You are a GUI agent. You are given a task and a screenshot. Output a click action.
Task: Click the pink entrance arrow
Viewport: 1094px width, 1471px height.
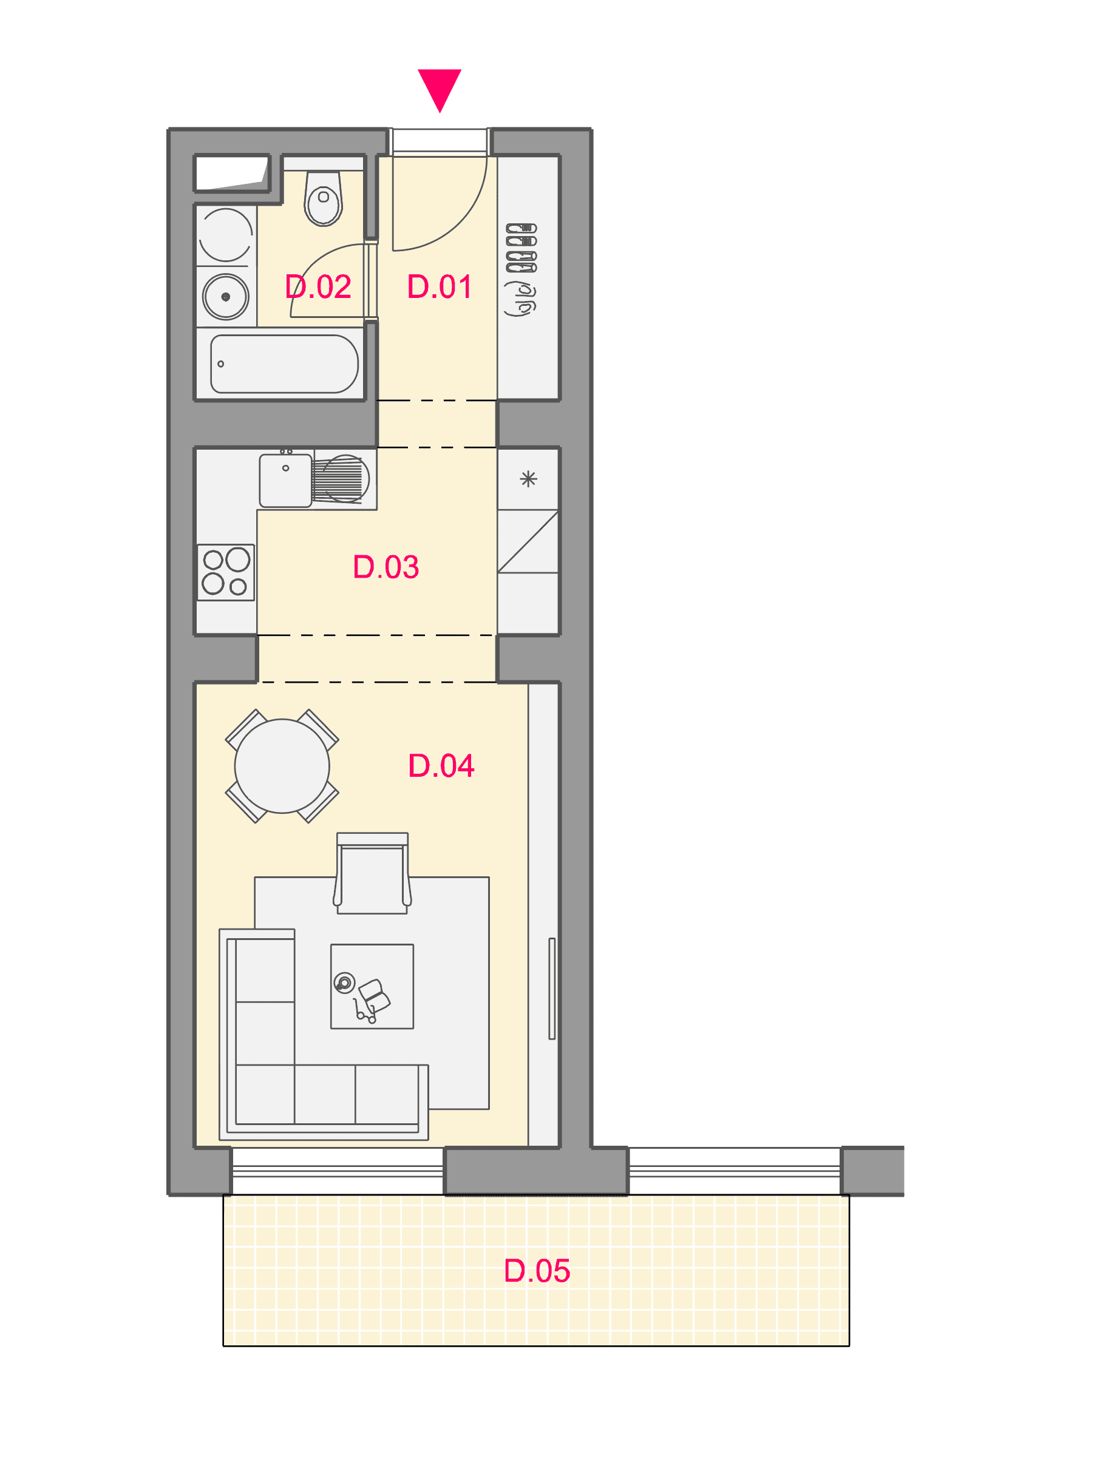[x=439, y=88]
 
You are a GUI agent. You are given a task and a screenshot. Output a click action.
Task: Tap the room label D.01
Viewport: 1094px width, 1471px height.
[x=439, y=286]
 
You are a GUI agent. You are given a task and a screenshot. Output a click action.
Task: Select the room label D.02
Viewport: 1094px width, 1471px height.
[x=318, y=286]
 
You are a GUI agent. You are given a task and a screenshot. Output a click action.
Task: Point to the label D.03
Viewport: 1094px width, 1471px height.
[x=386, y=567]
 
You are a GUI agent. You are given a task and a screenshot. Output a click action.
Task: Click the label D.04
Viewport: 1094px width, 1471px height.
[x=441, y=765]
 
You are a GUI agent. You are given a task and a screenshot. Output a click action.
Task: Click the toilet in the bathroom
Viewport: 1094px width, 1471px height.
[x=323, y=198]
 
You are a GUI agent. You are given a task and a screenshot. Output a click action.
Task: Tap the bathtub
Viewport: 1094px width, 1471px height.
[x=284, y=364]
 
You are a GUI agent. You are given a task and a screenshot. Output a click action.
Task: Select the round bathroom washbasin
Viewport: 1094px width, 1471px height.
[x=226, y=297]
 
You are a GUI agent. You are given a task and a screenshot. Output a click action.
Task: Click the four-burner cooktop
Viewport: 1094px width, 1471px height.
[x=226, y=573]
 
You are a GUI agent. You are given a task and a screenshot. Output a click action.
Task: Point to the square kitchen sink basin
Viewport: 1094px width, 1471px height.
[x=285, y=481]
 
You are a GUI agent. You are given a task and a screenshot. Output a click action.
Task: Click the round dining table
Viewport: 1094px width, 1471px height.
[x=282, y=766]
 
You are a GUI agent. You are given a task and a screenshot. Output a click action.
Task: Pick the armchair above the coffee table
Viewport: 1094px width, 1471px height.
[x=372, y=873]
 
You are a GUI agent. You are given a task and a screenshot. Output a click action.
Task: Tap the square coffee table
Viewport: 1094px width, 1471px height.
[x=372, y=986]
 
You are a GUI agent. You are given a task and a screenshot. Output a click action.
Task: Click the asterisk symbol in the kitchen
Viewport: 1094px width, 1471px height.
[x=528, y=479]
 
